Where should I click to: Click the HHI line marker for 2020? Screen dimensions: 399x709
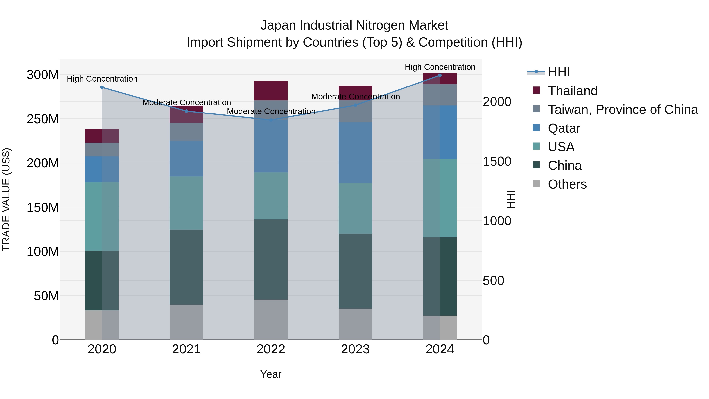(102, 87)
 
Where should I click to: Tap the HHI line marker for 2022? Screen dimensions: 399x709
(271, 120)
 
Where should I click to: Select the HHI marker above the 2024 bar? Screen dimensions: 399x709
(440, 75)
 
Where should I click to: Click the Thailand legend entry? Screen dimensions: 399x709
(573, 91)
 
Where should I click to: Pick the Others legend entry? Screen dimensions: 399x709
(567, 184)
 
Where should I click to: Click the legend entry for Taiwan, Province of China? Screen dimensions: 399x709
(623, 109)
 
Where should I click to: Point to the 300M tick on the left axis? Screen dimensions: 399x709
(43, 75)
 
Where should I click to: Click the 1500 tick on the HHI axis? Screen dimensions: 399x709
(497, 161)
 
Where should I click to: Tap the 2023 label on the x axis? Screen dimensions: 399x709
(355, 349)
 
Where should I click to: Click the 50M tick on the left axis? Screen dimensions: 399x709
(46, 296)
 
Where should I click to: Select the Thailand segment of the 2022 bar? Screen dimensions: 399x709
(271, 91)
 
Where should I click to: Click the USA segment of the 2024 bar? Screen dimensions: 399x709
(440, 198)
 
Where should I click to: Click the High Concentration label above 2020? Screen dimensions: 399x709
(102, 79)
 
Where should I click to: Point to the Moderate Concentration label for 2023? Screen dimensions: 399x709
(355, 97)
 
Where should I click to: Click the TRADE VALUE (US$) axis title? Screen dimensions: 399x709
(6, 199)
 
